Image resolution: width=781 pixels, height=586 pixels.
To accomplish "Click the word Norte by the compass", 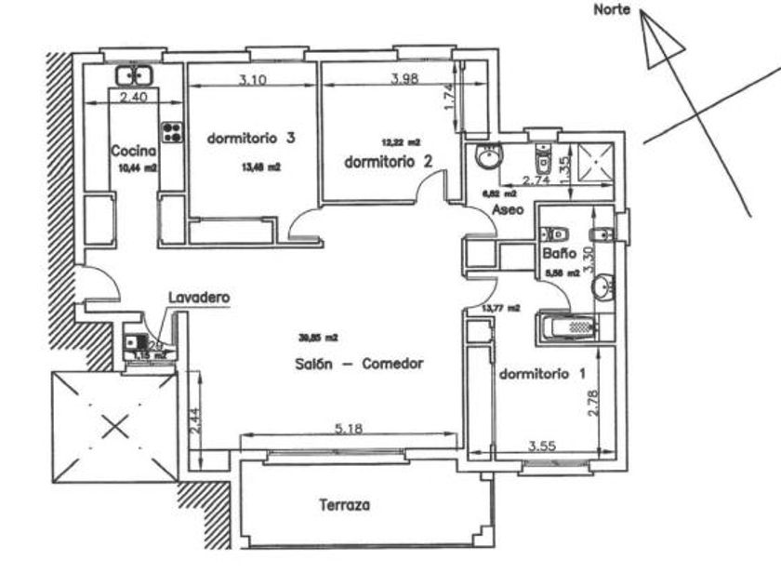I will (612, 11).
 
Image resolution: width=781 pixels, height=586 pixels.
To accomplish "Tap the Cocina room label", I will (131, 151).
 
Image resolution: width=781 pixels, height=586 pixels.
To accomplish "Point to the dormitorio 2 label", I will (389, 161).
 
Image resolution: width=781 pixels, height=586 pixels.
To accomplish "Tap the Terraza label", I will (344, 506).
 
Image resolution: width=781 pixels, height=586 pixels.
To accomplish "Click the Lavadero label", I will (198, 297).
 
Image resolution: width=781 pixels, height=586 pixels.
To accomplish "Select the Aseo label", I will (508, 211).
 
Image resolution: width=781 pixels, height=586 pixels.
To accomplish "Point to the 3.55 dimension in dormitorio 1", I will (543, 446).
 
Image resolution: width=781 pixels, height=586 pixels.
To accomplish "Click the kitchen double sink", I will (135, 74).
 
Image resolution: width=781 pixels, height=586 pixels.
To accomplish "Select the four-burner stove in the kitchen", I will (172, 131).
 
